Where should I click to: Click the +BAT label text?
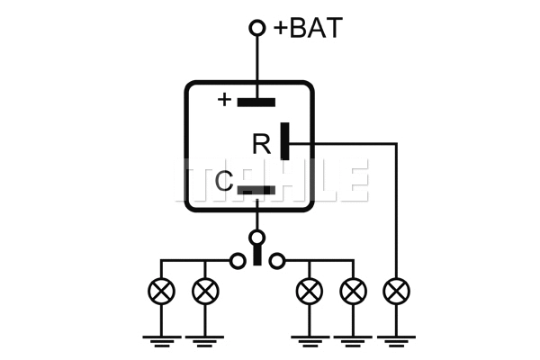click(308, 28)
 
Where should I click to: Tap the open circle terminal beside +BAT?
click(257, 29)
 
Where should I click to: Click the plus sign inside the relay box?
click(225, 99)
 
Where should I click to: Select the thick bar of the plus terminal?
click(256, 101)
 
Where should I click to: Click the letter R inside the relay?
click(261, 144)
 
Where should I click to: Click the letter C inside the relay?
click(225, 183)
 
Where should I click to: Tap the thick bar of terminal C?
click(257, 190)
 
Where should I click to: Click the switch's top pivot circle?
click(257, 238)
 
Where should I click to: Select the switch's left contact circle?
click(238, 261)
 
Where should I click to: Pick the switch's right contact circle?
click(277, 261)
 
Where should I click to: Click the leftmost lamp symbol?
click(162, 291)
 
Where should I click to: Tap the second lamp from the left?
click(205, 291)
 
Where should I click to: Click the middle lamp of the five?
click(310, 291)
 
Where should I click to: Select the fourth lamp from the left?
click(353, 291)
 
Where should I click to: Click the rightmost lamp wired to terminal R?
click(396, 291)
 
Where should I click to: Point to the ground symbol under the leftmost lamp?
click(162, 340)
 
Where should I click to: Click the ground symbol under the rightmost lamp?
click(396, 340)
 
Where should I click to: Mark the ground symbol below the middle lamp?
click(310, 340)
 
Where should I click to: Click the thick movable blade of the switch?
click(257, 256)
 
